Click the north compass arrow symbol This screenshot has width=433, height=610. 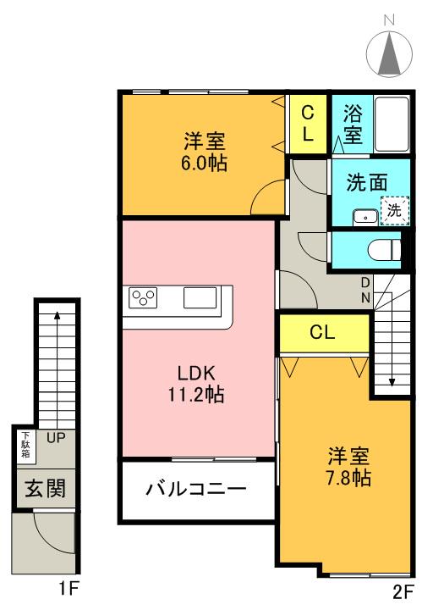point(390,53)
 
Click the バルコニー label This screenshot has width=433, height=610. point(195,490)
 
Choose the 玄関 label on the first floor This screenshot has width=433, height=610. point(44,489)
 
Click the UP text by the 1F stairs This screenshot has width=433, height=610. point(57,438)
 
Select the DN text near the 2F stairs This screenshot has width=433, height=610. point(365,290)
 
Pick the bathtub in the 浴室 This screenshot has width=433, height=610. point(391,124)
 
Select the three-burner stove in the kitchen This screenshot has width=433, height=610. point(143,297)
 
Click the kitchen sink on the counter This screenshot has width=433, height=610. point(200,297)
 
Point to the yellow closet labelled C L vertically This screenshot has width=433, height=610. point(308,124)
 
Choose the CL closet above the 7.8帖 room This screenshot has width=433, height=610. point(323,332)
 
